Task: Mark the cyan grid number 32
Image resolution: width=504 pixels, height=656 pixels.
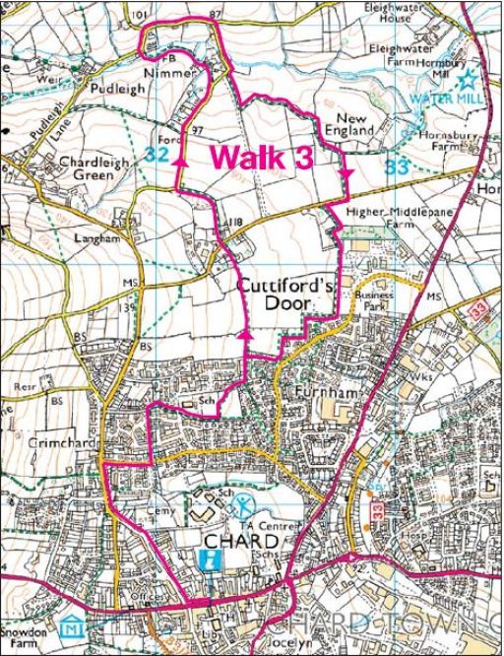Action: coord(155,154)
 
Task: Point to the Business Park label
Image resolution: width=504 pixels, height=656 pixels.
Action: coord(374,300)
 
